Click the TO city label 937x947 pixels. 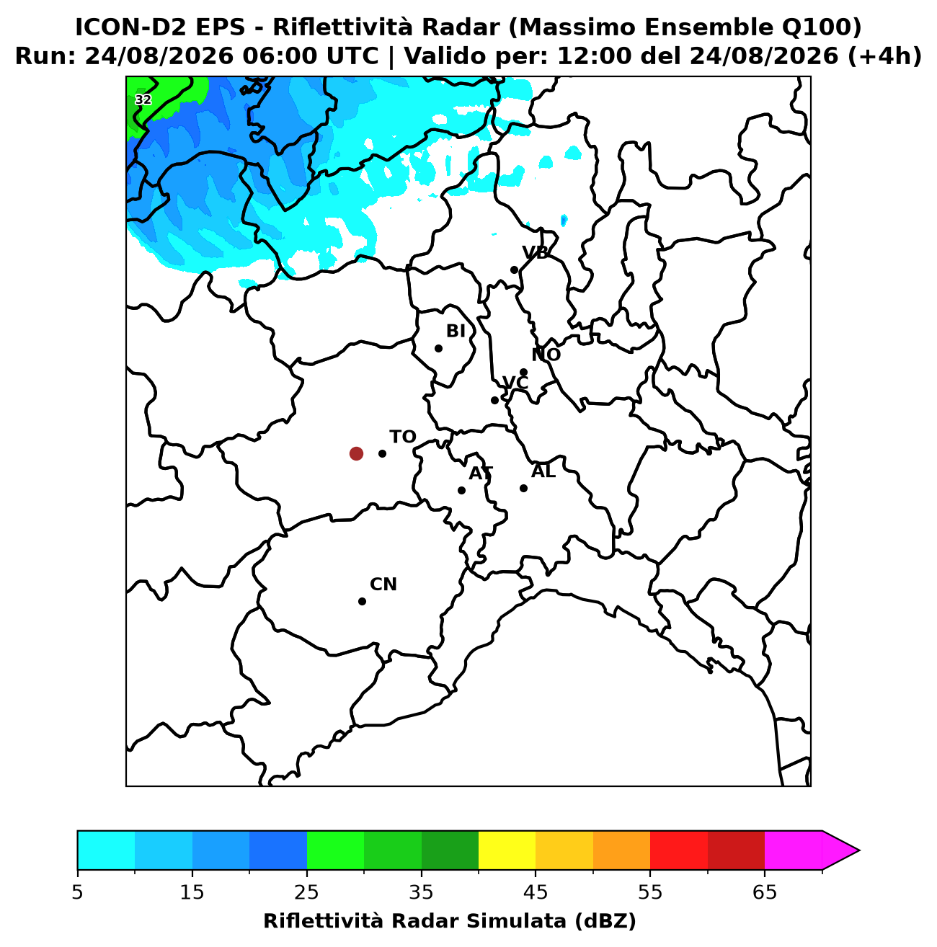point(403,437)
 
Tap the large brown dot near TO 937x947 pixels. point(356,453)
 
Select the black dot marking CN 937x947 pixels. point(362,601)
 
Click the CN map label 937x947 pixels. point(383,584)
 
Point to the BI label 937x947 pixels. point(456,332)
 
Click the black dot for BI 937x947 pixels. point(438,348)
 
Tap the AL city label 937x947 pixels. point(543,471)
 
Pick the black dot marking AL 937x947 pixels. point(523,488)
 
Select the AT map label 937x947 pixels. point(481,473)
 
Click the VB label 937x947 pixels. point(535,252)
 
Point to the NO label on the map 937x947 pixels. point(546,355)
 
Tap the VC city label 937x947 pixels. point(515,383)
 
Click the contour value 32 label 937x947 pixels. point(143,99)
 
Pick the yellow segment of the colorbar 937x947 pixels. point(507,850)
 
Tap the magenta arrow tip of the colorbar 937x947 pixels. point(859,850)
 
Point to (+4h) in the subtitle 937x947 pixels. point(884,56)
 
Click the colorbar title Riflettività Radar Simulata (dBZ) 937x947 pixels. point(449,920)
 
